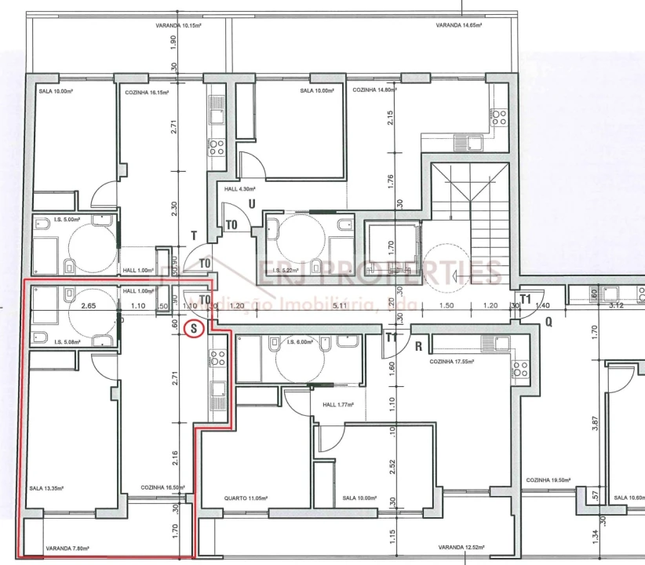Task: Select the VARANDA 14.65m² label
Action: [x=459, y=25]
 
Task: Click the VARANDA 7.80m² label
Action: [x=67, y=549]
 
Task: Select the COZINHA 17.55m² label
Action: [x=453, y=362]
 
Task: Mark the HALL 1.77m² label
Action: [x=338, y=405]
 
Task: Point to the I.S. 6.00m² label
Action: [x=302, y=342]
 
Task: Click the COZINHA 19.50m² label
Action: [x=547, y=480]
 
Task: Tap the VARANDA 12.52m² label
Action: [x=461, y=547]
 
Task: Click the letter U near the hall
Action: [x=251, y=204]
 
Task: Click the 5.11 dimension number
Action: [x=339, y=305]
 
